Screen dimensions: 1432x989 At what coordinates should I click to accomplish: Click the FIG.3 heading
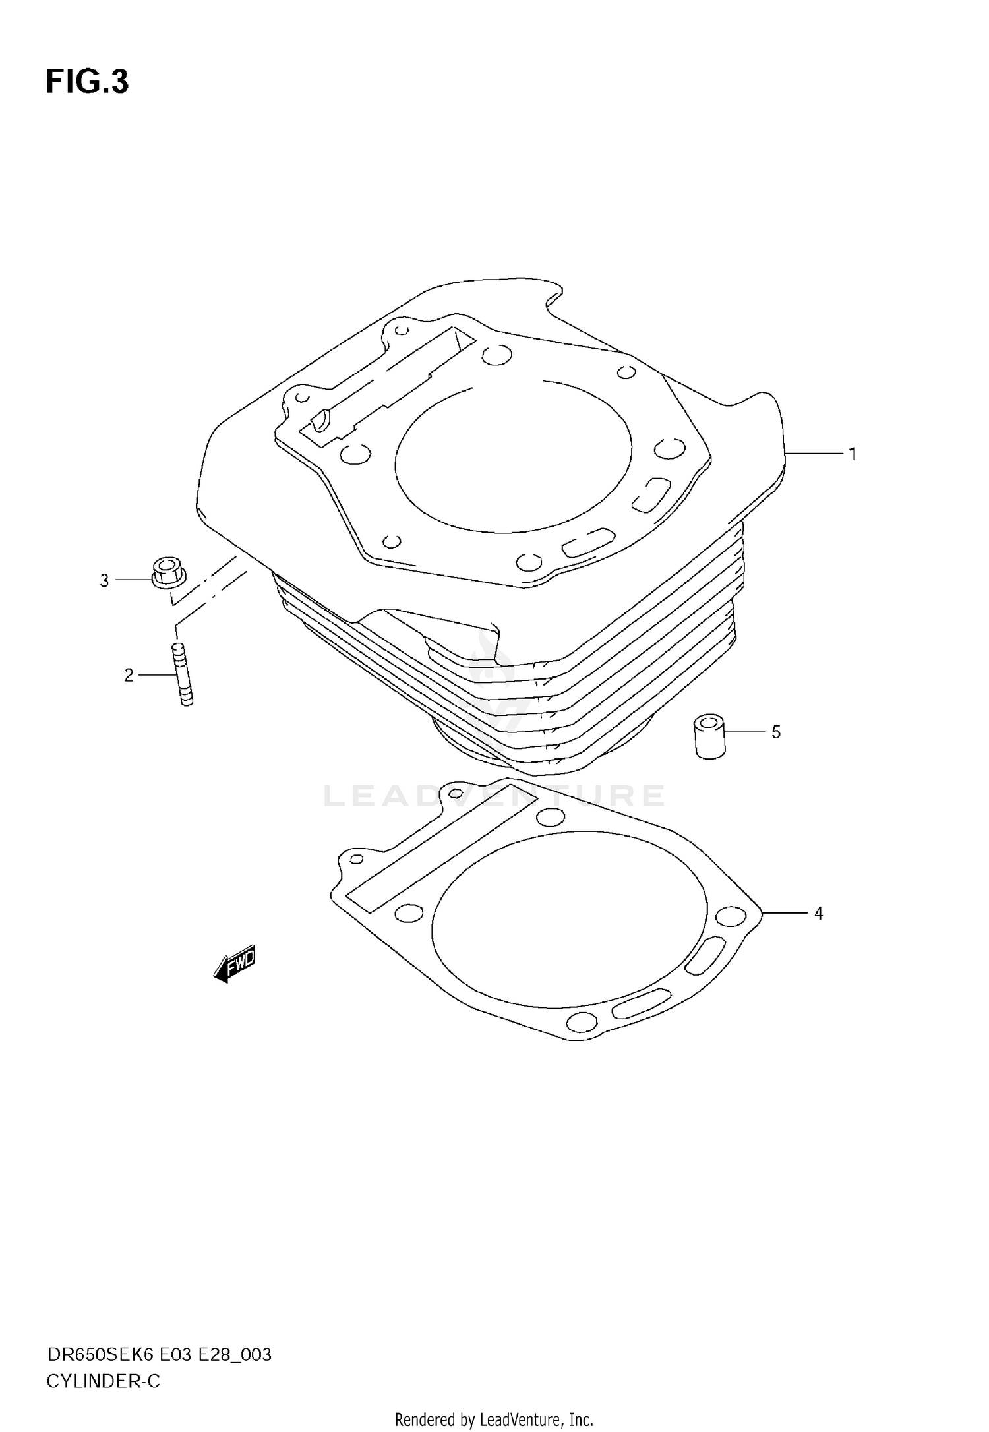coord(87,82)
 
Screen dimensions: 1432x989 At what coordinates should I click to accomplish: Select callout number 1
coord(853,454)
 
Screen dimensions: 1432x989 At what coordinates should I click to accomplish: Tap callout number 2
coord(129,674)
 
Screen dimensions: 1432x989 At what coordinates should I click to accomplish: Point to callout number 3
coord(104,581)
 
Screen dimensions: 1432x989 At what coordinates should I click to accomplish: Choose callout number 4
coord(818,913)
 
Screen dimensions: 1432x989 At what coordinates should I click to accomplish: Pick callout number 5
coord(776,732)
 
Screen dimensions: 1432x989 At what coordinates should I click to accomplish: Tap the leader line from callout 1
coord(814,453)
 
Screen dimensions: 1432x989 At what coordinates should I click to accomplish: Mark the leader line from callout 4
coord(785,913)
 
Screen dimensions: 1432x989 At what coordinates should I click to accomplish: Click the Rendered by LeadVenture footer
coord(494,1419)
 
